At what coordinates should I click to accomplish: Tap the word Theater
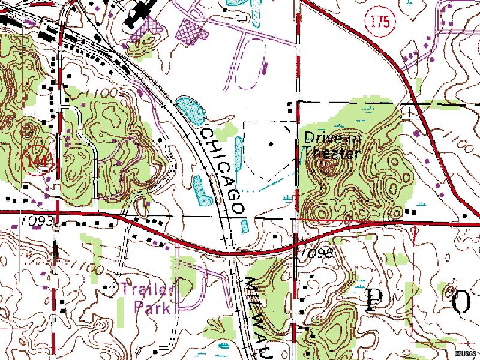(329, 153)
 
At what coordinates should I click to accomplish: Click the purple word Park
(151, 308)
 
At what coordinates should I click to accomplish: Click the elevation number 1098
(317, 252)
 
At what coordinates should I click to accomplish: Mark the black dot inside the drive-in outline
(271, 144)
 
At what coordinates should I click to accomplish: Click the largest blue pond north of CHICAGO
(193, 109)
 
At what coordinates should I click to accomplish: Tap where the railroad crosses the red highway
(233, 253)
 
